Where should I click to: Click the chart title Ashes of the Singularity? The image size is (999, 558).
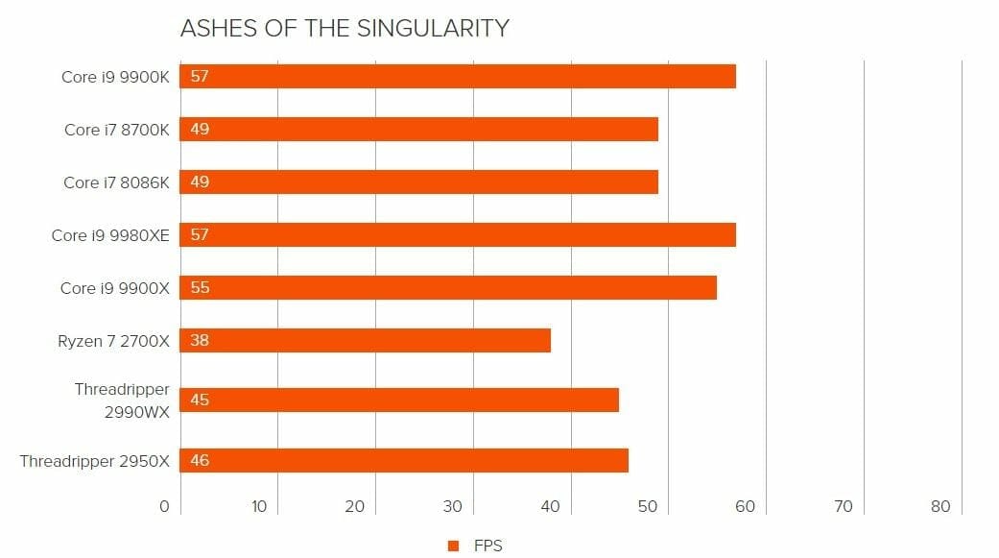pos(345,29)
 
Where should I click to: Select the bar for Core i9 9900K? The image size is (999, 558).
pos(459,77)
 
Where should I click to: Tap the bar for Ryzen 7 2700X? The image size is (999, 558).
pos(366,340)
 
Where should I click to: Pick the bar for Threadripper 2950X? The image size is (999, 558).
pos(404,461)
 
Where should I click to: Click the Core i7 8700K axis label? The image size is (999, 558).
pos(116,130)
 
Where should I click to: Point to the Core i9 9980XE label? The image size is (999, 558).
pos(110,235)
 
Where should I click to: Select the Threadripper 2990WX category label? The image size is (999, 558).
pos(122,399)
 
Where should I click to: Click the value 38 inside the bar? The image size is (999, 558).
pos(200,340)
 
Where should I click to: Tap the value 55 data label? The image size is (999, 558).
pos(200,288)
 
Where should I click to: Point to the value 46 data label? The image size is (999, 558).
pos(200,461)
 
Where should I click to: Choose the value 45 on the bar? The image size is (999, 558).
pos(200,400)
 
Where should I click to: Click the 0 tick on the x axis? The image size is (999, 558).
pos(164,507)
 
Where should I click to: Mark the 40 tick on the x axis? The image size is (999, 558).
pos(551,507)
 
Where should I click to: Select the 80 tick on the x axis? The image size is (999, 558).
pos(940,507)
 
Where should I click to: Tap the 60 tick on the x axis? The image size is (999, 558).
pos(746,507)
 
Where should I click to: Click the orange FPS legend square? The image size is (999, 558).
pos(453,546)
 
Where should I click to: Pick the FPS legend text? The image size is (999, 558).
pos(488,546)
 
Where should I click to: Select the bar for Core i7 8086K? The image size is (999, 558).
pos(419,182)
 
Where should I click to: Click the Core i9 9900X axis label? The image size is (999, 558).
pos(114,288)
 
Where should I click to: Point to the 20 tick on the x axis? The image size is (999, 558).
pos(355,507)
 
